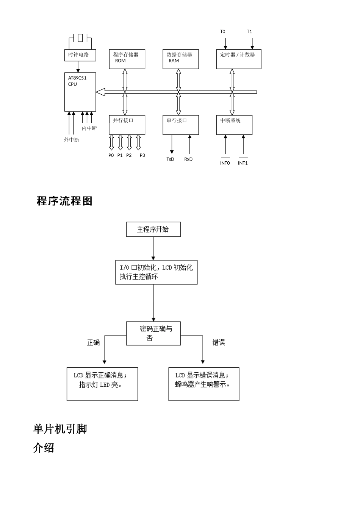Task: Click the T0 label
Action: click(x=222, y=31)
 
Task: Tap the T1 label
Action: click(x=249, y=31)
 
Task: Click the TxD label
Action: click(x=170, y=159)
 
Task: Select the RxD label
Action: click(x=188, y=159)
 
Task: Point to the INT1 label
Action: click(x=243, y=163)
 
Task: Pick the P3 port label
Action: click(x=142, y=155)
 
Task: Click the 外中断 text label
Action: click(x=71, y=140)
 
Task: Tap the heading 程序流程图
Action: click(x=64, y=201)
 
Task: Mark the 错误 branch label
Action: click(x=219, y=342)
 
